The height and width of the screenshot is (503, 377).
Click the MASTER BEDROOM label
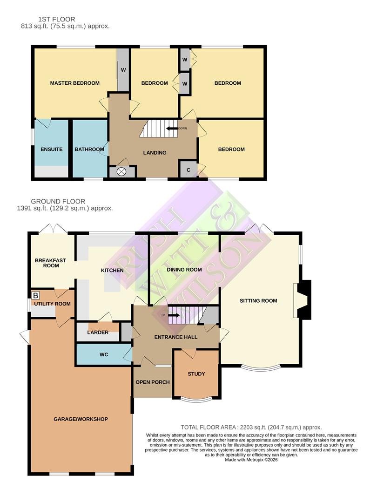[x=74, y=83]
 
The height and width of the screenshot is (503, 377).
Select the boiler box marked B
[x=36, y=295]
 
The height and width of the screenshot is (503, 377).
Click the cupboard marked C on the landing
[x=188, y=170]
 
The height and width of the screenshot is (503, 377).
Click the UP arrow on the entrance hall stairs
[x=174, y=315]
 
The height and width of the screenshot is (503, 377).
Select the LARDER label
[x=98, y=333]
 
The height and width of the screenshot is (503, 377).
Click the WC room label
[x=104, y=355]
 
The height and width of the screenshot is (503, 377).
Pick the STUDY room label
[x=196, y=374]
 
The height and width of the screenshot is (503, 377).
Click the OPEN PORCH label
[x=152, y=382]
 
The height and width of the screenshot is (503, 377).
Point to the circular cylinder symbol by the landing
[x=122, y=172]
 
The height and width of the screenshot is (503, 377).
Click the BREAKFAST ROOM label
[x=47, y=263]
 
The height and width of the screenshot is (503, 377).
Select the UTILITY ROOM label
[x=52, y=304]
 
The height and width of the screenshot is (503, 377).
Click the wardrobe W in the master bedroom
[x=123, y=70]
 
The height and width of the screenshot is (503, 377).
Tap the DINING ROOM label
[x=184, y=270]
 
